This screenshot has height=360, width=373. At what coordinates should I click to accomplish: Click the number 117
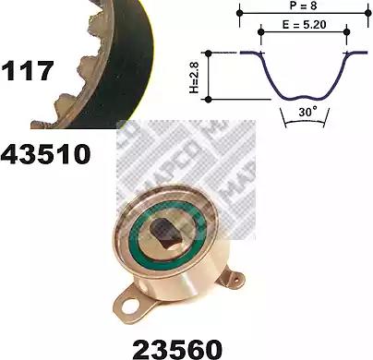28,71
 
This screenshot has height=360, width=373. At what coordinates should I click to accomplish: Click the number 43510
45,155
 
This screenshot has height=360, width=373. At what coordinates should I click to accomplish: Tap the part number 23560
177,350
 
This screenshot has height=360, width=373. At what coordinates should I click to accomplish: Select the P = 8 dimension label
303,6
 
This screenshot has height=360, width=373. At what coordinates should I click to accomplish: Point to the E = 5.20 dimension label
305,25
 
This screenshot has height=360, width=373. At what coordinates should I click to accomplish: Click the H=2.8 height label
195,77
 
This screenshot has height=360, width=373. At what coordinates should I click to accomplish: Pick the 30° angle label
307,112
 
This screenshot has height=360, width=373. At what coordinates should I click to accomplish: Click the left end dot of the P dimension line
239,13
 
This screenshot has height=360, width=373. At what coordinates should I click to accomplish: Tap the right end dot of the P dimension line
367,13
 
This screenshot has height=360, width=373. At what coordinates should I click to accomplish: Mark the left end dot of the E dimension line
261,31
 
